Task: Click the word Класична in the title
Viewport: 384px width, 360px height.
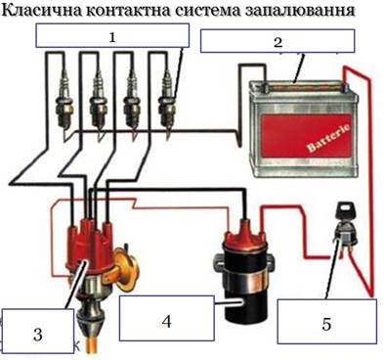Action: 42,10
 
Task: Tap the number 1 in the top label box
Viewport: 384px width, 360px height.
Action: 112,38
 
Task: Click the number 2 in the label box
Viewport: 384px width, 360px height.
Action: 277,42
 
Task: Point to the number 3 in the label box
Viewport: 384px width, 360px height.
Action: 38,334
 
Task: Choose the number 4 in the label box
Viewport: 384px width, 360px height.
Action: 166,322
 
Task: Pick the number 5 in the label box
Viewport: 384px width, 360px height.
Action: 326,324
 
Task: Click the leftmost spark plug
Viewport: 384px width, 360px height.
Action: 64,105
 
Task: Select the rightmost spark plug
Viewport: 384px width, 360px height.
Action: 166,105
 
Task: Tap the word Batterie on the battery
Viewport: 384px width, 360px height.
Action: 328,137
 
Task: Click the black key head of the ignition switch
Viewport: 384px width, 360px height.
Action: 345,208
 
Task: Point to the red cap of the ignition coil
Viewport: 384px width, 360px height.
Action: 242,235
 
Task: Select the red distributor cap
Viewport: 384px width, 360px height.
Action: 89,243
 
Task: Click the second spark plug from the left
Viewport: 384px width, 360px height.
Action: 98,105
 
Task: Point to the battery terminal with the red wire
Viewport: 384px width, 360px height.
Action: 344,87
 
